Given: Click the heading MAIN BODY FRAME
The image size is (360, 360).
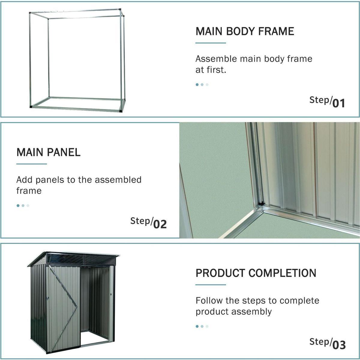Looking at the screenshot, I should click(x=244, y=31).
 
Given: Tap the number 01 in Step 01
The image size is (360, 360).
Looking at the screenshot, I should click(x=339, y=103).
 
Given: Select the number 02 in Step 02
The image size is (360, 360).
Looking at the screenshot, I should click(x=160, y=224).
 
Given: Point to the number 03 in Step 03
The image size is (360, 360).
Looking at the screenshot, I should click(x=339, y=345).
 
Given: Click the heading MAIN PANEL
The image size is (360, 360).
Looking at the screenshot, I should click(x=48, y=152).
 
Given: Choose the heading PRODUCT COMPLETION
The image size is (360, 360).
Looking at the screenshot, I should click(x=256, y=273).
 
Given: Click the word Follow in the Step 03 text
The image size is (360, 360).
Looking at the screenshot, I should click(x=209, y=300).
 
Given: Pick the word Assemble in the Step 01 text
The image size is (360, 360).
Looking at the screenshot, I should click(x=216, y=58).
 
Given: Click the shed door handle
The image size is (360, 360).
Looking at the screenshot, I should click(x=47, y=299).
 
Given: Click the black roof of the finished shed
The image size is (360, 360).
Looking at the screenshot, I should click(x=75, y=258).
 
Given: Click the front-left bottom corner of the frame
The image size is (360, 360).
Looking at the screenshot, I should click(x=31, y=106).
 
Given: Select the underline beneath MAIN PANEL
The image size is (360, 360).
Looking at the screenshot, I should click(x=31, y=164).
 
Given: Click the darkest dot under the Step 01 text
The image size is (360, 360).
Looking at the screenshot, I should click(x=197, y=85).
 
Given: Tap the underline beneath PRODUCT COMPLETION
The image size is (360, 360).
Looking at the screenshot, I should click(x=211, y=285).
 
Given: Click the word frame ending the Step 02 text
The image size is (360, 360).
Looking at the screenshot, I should click(x=29, y=191).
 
